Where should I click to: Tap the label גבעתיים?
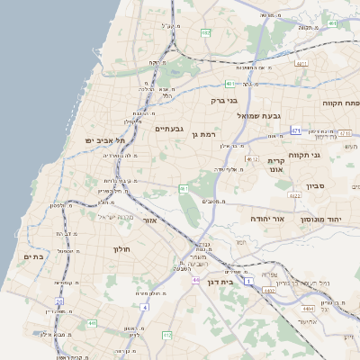pyautogui.click(x=169, y=129)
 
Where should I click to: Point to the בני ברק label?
pyautogui.click(x=223, y=102)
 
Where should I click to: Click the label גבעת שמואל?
pyautogui.click(x=259, y=116)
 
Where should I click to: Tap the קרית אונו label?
pyautogui.click(x=275, y=164)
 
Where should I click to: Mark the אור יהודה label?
pyautogui.click(x=265, y=219)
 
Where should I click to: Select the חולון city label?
pyautogui.click(x=121, y=248)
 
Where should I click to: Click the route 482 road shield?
pyautogui.click(x=206, y=32)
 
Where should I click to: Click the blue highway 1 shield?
pyautogui.click(x=248, y=282)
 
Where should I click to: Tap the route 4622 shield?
pyautogui.click(x=294, y=194)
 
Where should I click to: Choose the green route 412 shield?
pyautogui.click(x=166, y=336)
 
